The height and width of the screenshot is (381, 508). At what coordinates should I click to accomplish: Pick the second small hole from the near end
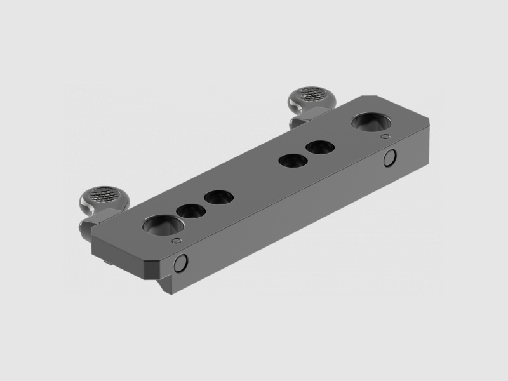217,197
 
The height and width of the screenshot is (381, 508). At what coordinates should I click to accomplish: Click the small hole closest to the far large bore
319,148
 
